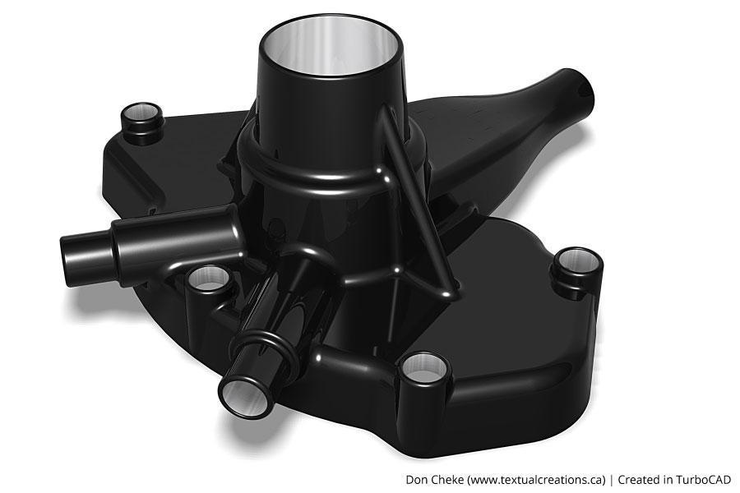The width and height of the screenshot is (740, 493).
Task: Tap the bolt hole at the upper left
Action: (x=141, y=112)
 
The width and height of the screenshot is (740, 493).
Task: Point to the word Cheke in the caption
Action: (x=448, y=479)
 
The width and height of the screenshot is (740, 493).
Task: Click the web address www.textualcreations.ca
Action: (x=536, y=479)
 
